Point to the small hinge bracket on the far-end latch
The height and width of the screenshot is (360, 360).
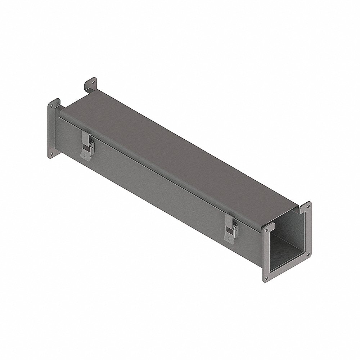click(91, 145)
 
